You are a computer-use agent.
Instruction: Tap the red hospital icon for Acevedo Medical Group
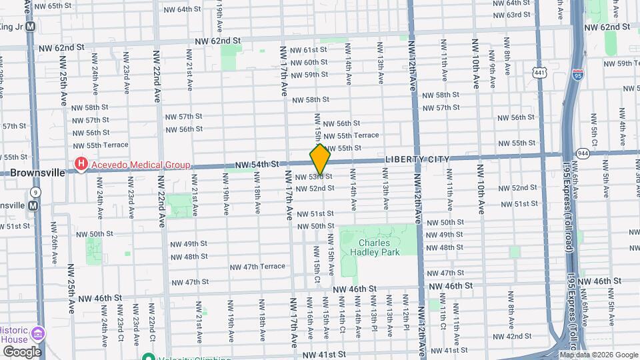pyautogui.click(x=81, y=164)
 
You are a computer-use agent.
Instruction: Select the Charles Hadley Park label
pyautogui.click(x=378, y=247)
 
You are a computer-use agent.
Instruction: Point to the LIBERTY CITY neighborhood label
pyautogui.click(x=417, y=159)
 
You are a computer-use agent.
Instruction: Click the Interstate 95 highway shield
pyautogui.click(x=577, y=76)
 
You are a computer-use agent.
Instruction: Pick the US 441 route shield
pyautogui.click(x=538, y=71)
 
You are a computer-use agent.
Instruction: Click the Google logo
pyautogui.click(x=22, y=351)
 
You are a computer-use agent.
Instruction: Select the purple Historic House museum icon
pyautogui.click(x=38, y=333)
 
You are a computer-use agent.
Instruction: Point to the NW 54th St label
pyautogui.click(x=261, y=164)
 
